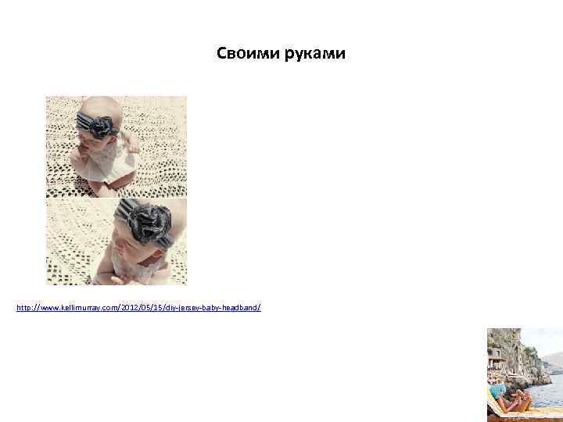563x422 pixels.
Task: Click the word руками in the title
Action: tap(314, 54)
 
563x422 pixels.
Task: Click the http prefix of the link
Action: tap(23, 309)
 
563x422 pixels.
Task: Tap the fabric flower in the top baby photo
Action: tap(102, 127)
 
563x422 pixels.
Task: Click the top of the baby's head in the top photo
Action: tap(94, 105)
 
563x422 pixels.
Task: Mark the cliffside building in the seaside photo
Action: tap(494, 359)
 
